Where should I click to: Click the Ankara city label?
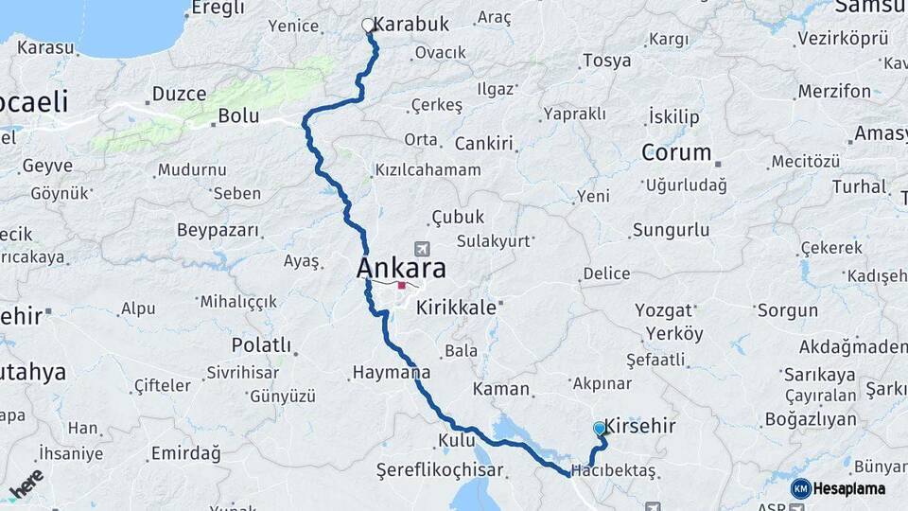[x=401, y=269]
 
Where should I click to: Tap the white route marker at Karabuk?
[x=368, y=26]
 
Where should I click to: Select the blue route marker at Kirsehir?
[x=599, y=429]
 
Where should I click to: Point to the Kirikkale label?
[x=456, y=308]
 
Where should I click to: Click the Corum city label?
[x=676, y=152]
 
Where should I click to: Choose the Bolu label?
[x=238, y=115]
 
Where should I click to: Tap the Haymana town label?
[x=391, y=373]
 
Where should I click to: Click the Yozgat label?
[x=663, y=309]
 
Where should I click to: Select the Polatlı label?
[x=261, y=344]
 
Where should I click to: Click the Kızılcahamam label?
[x=428, y=170]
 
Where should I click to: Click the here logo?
[x=26, y=484]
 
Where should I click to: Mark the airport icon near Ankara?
[x=421, y=248]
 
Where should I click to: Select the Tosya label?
[x=606, y=61]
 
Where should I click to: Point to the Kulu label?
[x=456, y=441]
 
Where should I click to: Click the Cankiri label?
[x=483, y=144]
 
